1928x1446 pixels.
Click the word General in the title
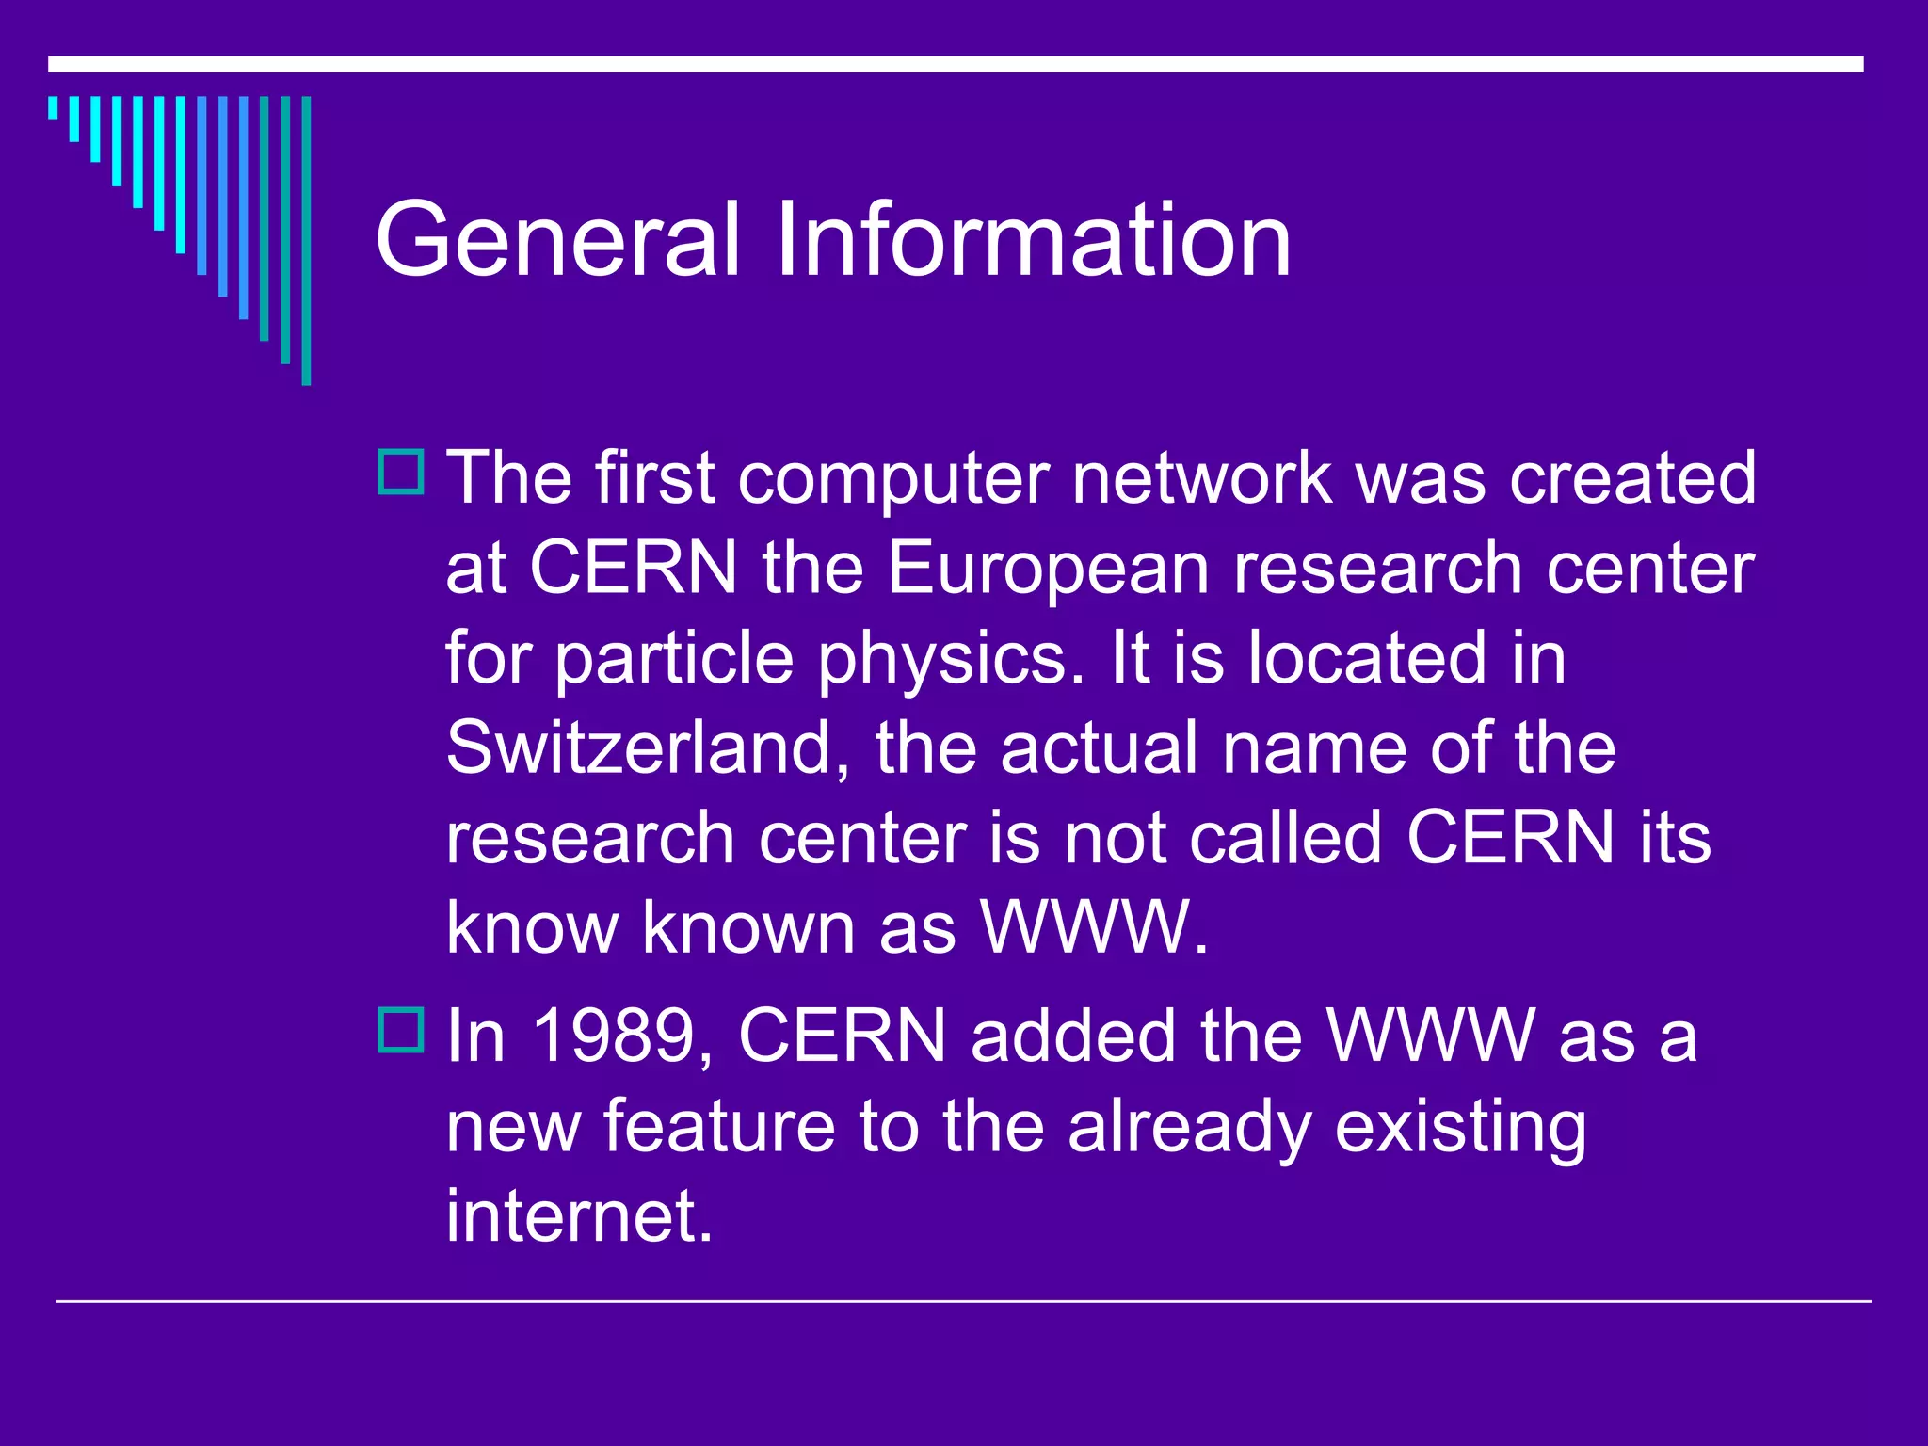pos(555,240)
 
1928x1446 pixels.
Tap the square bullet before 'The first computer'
pos(401,473)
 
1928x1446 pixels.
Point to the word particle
pos(673,659)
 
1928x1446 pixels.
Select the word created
pos(1632,478)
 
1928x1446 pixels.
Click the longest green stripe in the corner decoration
pos(306,240)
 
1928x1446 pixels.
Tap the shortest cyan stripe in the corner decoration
pos(53,107)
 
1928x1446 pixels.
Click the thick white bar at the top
pos(956,64)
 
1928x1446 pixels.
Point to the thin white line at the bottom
pos(963,1301)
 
